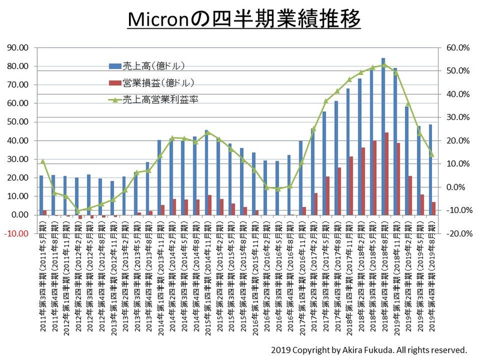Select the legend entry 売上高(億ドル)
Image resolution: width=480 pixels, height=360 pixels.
click(x=153, y=65)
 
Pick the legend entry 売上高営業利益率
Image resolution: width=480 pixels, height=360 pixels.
click(x=161, y=99)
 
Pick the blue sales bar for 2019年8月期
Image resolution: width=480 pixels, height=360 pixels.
click(x=430, y=170)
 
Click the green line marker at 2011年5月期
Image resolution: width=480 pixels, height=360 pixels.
click(x=43, y=161)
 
